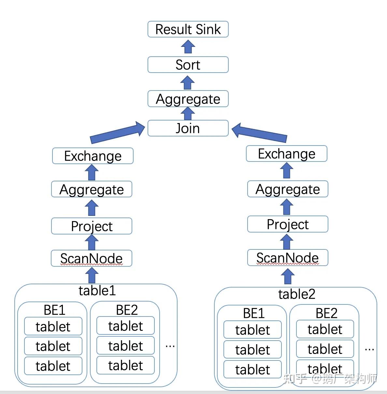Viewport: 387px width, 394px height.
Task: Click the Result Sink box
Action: [x=188, y=29]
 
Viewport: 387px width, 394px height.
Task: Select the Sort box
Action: [x=188, y=65]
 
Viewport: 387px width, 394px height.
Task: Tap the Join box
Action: [x=188, y=128]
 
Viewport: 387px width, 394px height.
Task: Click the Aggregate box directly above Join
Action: [x=188, y=99]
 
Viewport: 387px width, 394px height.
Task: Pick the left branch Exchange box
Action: [x=93, y=156]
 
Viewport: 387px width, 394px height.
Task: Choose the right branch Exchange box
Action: [x=286, y=154]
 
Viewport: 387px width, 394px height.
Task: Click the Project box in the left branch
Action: [x=92, y=226]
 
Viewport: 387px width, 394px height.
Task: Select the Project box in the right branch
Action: [x=287, y=224]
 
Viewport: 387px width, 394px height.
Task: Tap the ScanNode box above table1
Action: [x=92, y=258]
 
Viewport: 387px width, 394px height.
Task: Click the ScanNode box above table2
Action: [x=287, y=258]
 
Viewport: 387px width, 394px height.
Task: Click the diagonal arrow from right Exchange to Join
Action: [x=259, y=133]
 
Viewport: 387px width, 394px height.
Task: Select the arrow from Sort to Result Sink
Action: [x=188, y=47]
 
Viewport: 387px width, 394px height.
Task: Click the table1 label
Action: [x=97, y=290]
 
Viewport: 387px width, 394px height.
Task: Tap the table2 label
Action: [x=296, y=294]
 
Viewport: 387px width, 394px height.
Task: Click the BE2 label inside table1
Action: [x=127, y=310]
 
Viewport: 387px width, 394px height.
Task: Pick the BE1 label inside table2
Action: [x=253, y=313]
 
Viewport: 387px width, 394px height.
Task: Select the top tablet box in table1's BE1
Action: [x=53, y=326]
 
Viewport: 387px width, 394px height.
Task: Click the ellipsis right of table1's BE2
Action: [x=170, y=346]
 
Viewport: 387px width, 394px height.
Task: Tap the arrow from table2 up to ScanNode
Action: [x=287, y=277]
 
